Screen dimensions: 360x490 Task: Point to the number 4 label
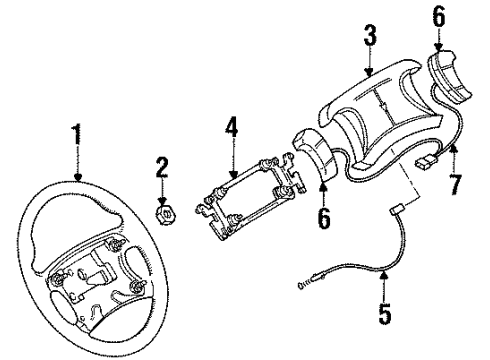click(231, 129)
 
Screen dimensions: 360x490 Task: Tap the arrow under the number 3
click(369, 65)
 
